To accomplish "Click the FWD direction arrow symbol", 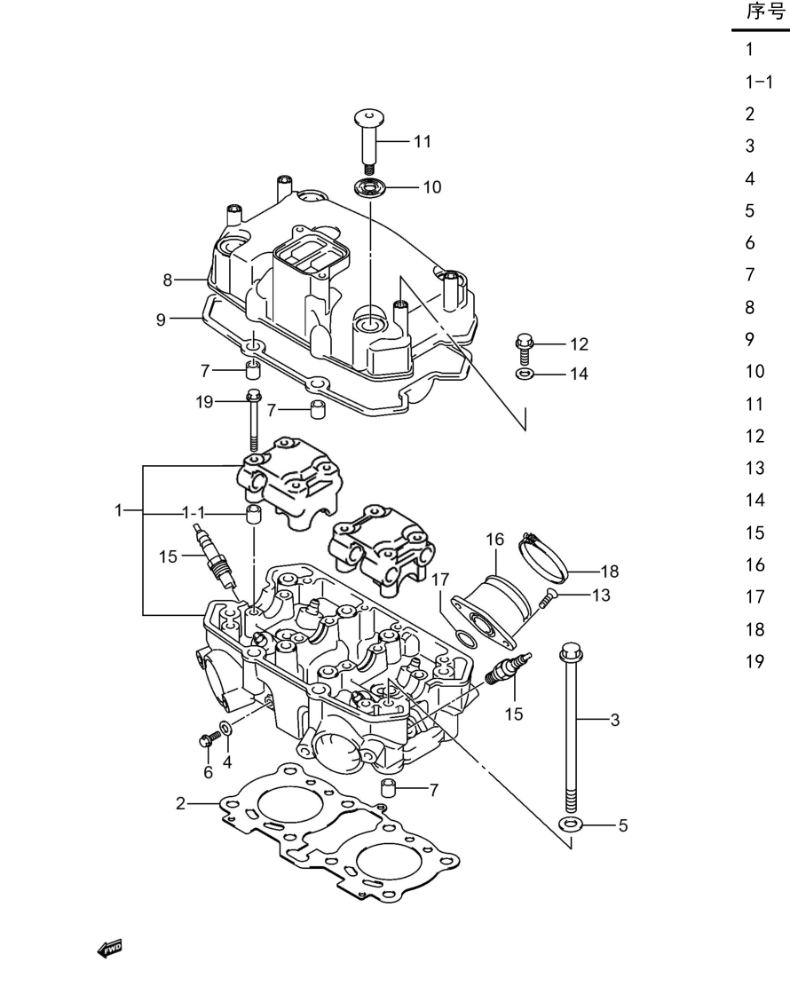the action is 110,949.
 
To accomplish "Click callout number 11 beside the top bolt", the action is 423,141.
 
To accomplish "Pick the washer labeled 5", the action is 571,824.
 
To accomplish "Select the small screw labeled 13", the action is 546,599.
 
